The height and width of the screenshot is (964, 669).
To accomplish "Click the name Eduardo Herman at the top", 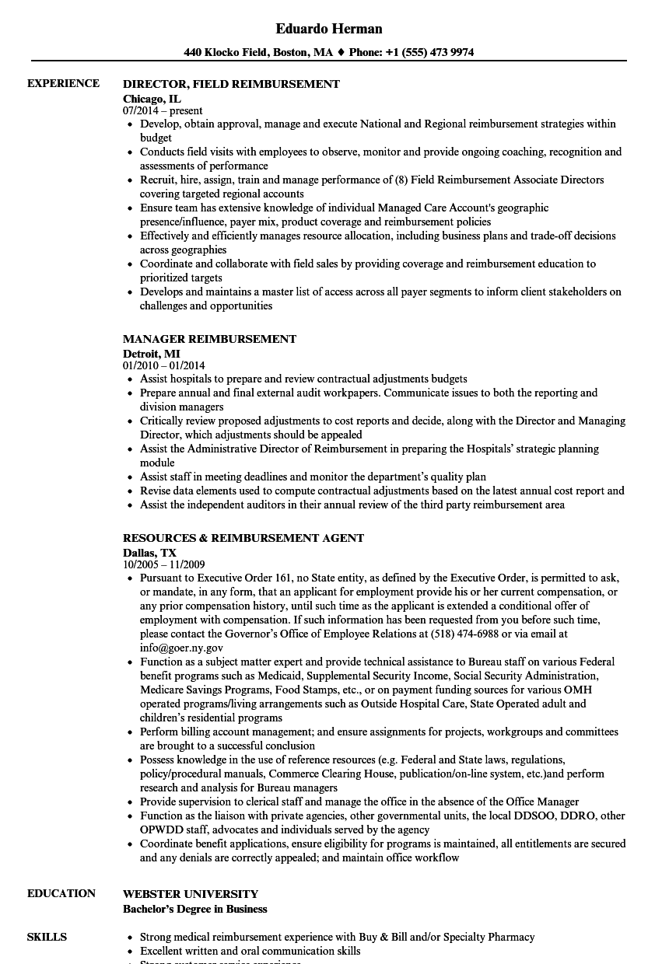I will (x=329, y=29).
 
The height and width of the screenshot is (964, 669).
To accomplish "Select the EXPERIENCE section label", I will (x=63, y=83).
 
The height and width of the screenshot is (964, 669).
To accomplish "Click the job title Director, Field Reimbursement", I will (x=231, y=84).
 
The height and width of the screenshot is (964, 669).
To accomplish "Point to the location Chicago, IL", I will (x=152, y=99).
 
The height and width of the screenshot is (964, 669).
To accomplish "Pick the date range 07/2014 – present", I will (x=163, y=111).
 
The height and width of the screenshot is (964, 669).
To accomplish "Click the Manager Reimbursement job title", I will (x=209, y=339).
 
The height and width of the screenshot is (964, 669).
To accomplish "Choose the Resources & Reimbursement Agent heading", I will (x=243, y=538).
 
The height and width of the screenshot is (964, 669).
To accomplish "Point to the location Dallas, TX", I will (x=149, y=553).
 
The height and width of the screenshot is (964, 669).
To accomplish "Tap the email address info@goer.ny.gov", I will (x=181, y=648).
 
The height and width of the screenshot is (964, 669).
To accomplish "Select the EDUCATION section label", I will (x=61, y=893).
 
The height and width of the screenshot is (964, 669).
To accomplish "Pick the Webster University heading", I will (x=191, y=894).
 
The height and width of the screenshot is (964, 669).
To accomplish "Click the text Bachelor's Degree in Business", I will (x=195, y=909).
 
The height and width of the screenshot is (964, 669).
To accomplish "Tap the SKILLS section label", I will (x=47, y=937).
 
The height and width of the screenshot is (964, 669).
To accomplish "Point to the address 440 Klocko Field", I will (x=226, y=53).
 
